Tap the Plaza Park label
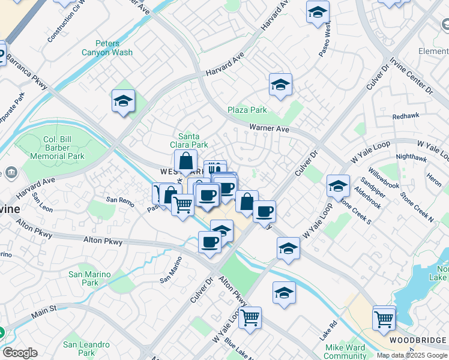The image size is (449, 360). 247,110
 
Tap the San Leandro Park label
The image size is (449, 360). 86,349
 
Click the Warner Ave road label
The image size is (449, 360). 270,128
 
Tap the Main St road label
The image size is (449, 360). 44,311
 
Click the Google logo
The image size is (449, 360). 20,353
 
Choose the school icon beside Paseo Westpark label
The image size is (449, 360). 318,12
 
